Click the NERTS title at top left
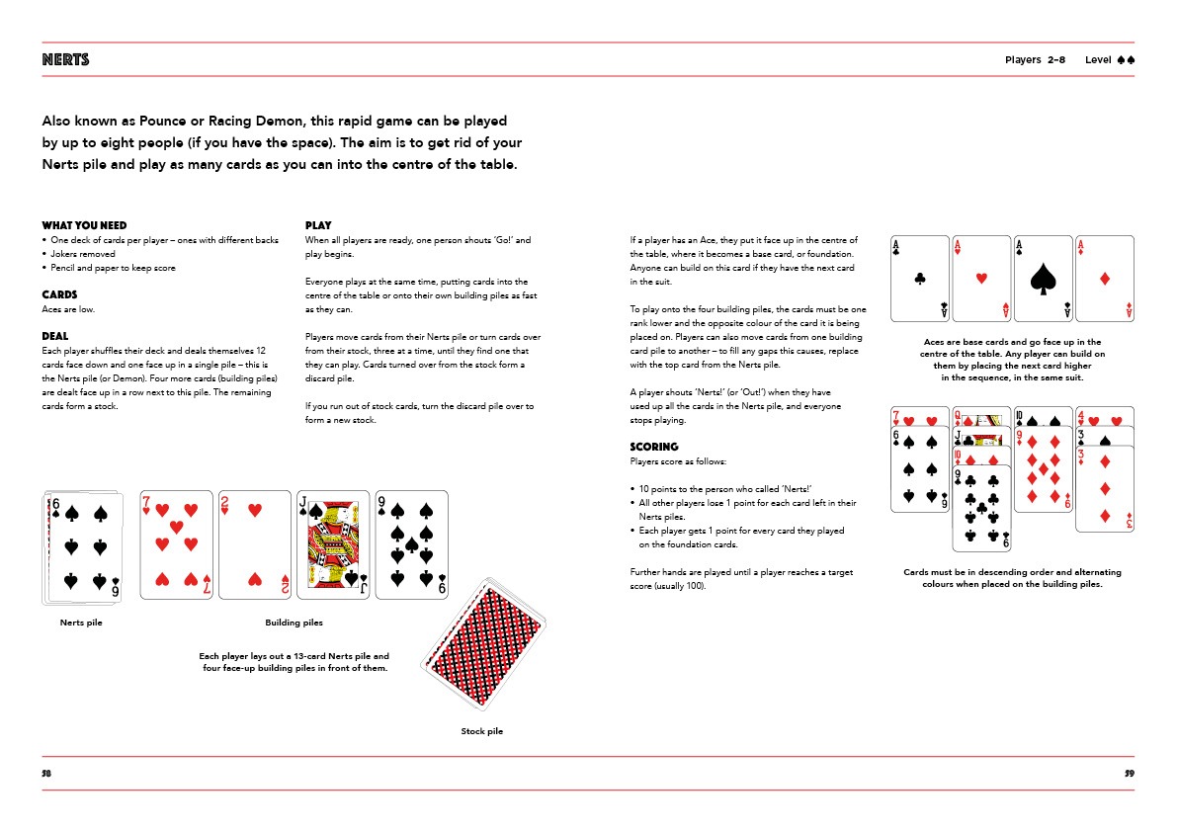pyautogui.click(x=65, y=60)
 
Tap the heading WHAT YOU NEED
pyautogui.click(x=84, y=225)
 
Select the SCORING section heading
pyautogui.click(x=654, y=447)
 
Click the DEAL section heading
pyautogui.click(x=54, y=336)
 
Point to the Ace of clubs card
pyautogui.click(x=918, y=279)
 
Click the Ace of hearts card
pyautogui.click(x=980, y=279)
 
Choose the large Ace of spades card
pyautogui.click(x=1043, y=279)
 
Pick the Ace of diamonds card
pyautogui.click(x=1104, y=279)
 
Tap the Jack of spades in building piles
pyautogui.click(x=332, y=544)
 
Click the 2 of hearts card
pyautogui.click(x=254, y=544)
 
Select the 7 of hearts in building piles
pyautogui.click(x=176, y=544)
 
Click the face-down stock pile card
pyautogui.click(x=484, y=643)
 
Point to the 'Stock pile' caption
pyautogui.click(x=481, y=731)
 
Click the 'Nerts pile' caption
pyautogui.click(x=81, y=623)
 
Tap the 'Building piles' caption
pyautogui.click(x=294, y=623)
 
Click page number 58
pyautogui.click(x=46, y=773)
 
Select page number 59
pyautogui.click(x=1130, y=773)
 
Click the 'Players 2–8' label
pyautogui.click(x=1035, y=60)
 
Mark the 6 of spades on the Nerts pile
pyautogui.click(x=85, y=548)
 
